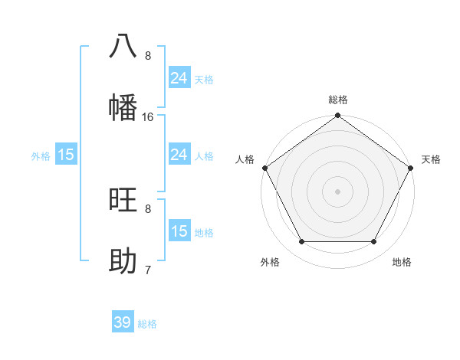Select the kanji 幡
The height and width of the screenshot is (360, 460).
tap(123, 106)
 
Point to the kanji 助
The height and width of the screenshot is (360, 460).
tap(123, 260)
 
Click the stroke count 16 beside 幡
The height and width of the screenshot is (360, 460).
tap(148, 116)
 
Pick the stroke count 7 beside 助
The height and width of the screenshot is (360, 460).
tap(148, 270)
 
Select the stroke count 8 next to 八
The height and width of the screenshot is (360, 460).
tap(148, 55)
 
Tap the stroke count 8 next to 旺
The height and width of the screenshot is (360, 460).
tap(148, 208)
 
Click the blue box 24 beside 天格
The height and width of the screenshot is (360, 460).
tap(179, 78)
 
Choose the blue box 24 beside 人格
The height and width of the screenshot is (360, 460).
tap(179, 155)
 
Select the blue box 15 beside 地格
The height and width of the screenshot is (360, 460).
tap(179, 231)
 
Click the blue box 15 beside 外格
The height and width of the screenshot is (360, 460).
tap(66, 155)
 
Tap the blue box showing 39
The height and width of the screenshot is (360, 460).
tap(123, 322)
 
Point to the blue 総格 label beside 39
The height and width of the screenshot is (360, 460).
tap(147, 324)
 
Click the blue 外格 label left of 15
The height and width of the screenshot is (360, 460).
tap(41, 155)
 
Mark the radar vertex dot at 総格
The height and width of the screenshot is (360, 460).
tap(337, 116)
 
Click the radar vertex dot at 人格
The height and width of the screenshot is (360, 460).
tap(264, 168)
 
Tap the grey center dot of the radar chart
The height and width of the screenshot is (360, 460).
tap(337, 191)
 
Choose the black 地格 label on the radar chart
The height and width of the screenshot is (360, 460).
tap(402, 262)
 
